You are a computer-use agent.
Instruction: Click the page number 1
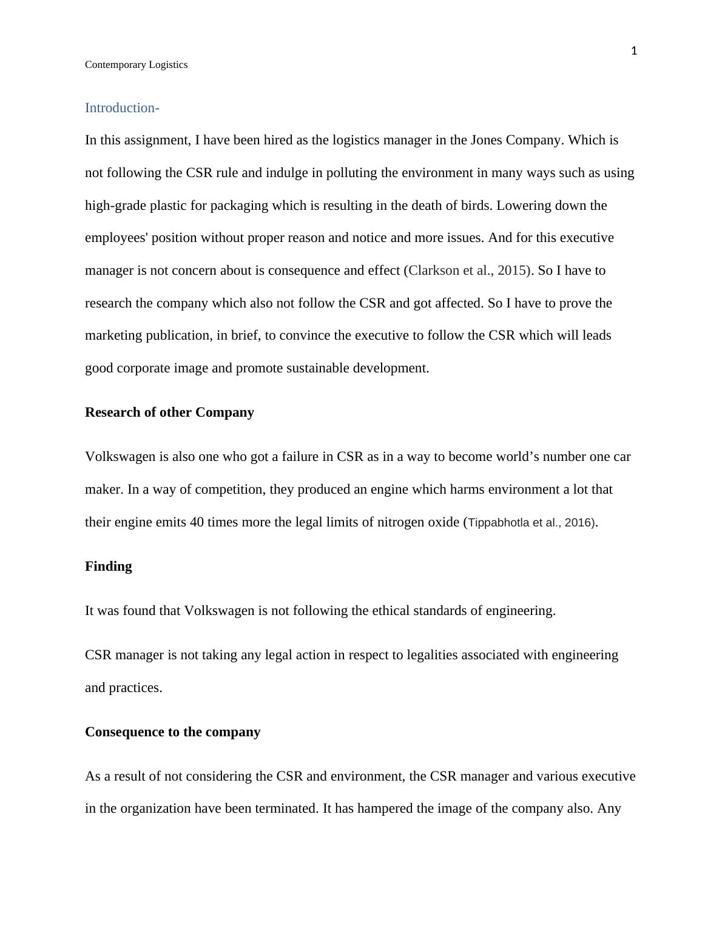click(x=634, y=51)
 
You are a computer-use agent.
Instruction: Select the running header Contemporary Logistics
click(x=136, y=65)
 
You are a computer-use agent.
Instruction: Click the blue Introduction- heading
click(x=122, y=108)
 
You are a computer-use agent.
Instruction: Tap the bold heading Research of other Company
click(x=169, y=412)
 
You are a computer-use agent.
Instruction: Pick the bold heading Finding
click(x=108, y=566)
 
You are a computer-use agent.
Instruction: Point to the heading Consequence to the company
click(x=172, y=732)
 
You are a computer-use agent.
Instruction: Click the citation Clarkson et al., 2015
click(x=468, y=270)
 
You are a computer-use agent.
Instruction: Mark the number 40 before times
click(x=197, y=522)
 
